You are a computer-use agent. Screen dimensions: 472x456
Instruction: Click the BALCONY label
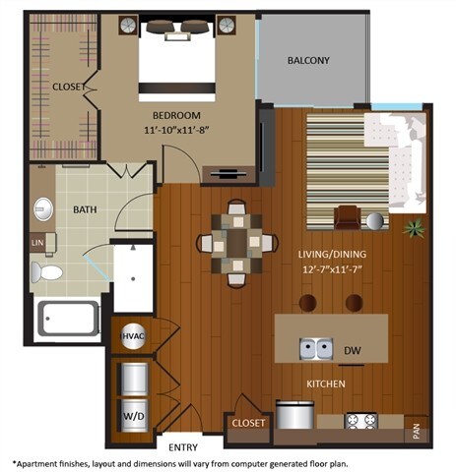[308, 61]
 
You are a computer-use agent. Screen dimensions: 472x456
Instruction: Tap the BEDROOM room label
[177, 114]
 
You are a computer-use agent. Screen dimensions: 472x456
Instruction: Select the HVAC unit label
[133, 336]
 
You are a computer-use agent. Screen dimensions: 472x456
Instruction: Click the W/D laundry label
[132, 414]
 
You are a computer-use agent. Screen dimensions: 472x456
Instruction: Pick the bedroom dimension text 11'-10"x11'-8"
[177, 129]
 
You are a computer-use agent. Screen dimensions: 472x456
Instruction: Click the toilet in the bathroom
[45, 271]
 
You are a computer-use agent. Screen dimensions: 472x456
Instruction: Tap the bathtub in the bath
[67, 318]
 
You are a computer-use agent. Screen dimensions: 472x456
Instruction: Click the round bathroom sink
[43, 209]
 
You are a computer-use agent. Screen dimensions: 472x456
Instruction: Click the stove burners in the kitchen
[360, 421]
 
